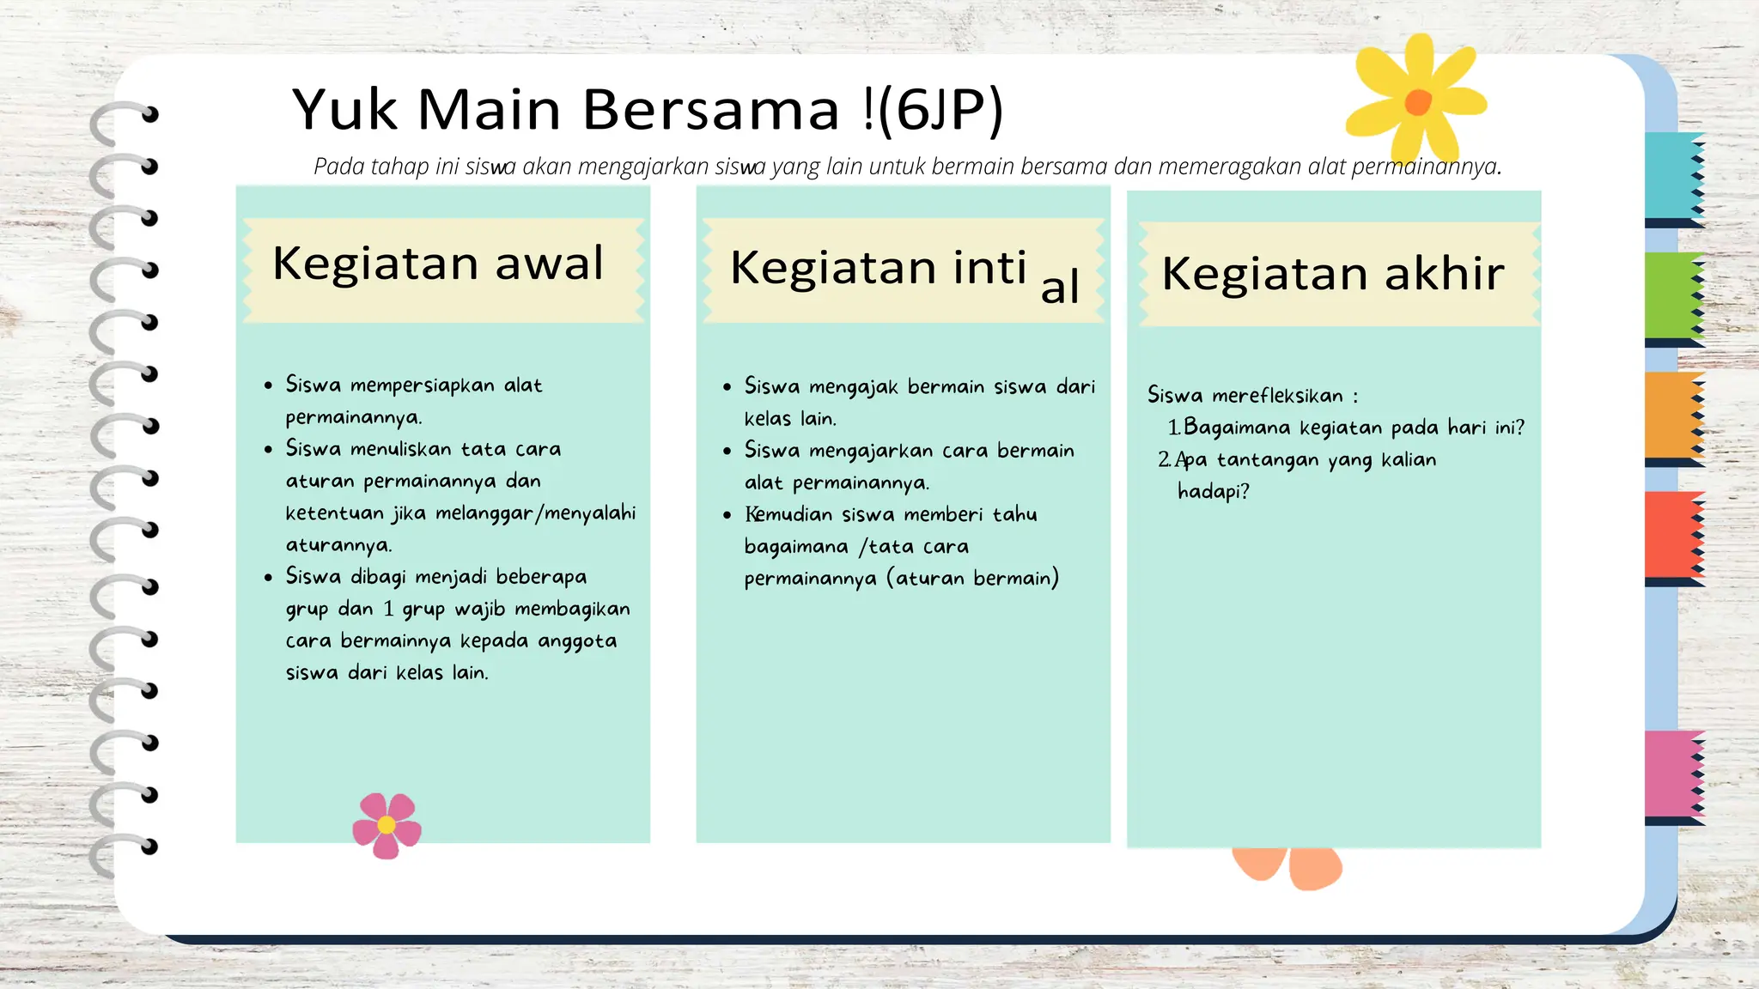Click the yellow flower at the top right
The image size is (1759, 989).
click(1415, 100)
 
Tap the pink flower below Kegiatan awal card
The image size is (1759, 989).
click(386, 824)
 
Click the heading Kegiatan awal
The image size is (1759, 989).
click(438, 264)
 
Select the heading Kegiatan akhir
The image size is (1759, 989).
click(1332, 274)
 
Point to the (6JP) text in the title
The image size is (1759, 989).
click(940, 110)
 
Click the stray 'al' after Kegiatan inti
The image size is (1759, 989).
click(1059, 287)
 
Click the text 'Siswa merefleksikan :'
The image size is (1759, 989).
click(1252, 396)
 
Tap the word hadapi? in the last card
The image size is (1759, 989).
click(1213, 492)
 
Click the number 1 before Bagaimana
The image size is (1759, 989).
click(1173, 428)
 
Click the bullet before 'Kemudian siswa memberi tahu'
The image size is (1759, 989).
click(727, 515)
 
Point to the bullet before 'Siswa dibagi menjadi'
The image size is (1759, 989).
click(269, 577)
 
